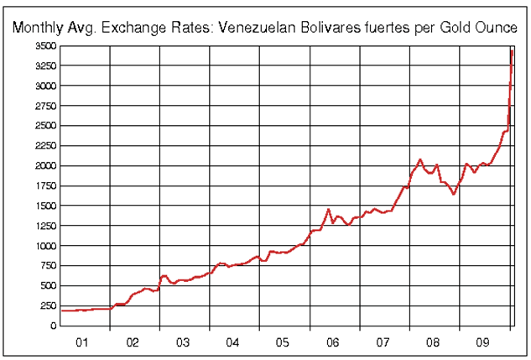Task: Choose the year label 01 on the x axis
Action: [83, 342]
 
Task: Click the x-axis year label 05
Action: [283, 342]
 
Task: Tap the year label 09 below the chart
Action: [483, 342]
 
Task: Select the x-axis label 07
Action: [383, 342]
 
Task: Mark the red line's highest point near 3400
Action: [512, 51]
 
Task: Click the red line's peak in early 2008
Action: [420, 159]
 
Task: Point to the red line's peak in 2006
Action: [329, 209]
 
